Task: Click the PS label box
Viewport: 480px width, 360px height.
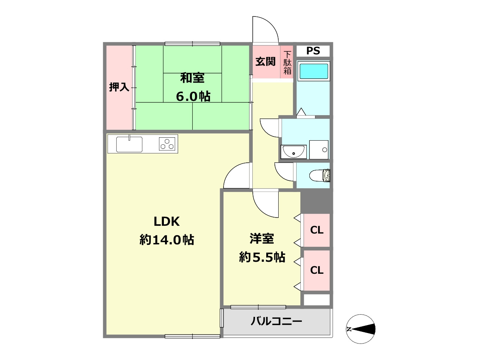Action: click(x=313, y=51)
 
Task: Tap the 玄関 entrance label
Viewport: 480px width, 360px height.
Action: click(x=265, y=61)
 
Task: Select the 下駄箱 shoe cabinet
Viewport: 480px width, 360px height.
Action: click(x=287, y=63)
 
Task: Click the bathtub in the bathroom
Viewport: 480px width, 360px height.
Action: click(x=313, y=71)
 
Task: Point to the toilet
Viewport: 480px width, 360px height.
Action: click(x=321, y=175)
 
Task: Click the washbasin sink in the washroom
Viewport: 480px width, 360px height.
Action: click(x=294, y=151)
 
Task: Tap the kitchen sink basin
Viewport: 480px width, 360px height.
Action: click(x=129, y=144)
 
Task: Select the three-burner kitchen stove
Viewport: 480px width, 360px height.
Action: click(x=168, y=144)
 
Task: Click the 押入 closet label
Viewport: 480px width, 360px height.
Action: click(x=119, y=87)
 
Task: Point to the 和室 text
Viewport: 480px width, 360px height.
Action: click(x=192, y=78)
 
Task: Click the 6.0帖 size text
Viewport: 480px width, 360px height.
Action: click(x=193, y=96)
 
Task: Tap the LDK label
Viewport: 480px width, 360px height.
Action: click(x=167, y=222)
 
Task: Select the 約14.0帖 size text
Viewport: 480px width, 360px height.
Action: click(x=167, y=240)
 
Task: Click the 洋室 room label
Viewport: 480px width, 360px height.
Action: click(x=262, y=238)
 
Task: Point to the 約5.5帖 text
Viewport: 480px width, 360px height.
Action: click(x=262, y=257)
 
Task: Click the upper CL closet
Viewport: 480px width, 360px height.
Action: click(x=317, y=230)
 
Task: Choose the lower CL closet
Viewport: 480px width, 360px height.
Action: click(x=317, y=270)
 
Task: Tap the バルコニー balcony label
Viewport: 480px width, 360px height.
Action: click(x=276, y=321)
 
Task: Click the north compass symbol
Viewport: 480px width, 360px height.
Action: click(x=360, y=329)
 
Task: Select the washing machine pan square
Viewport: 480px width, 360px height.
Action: click(x=319, y=150)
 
